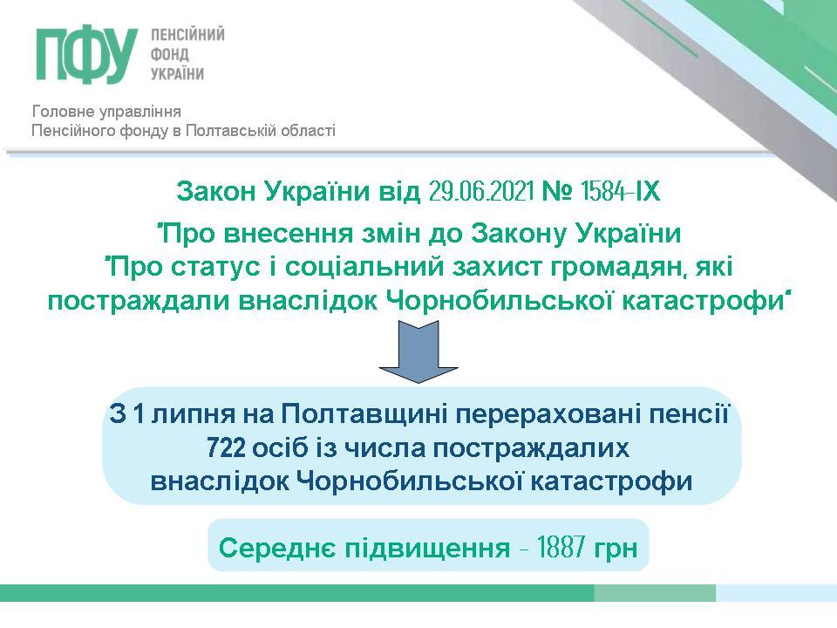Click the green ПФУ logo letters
pos(87,56)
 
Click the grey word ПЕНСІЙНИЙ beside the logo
pos(187,35)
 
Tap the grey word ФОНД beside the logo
pos(170,54)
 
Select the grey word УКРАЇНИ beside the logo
pos(177,73)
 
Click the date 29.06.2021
pos(481,191)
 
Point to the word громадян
pos(617,268)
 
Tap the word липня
pos(194,414)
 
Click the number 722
pos(227,448)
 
